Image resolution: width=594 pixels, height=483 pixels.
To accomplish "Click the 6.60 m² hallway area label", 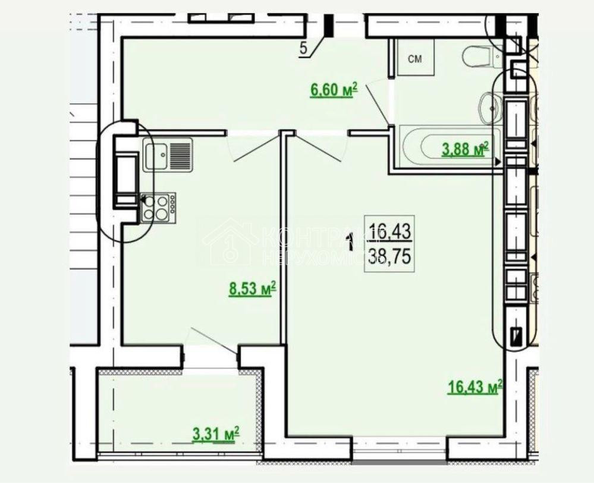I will click(x=333, y=90).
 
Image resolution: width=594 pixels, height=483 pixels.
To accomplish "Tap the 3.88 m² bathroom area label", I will click(x=464, y=149).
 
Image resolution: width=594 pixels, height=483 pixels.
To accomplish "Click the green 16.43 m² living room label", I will click(x=474, y=387).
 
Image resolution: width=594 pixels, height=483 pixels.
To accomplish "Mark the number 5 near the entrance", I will click(x=304, y=49).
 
